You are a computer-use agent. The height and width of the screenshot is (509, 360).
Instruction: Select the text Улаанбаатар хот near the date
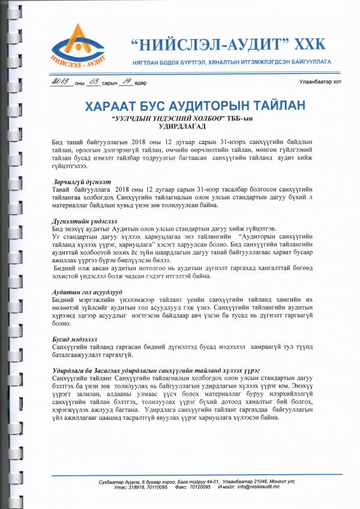coord(320,82)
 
